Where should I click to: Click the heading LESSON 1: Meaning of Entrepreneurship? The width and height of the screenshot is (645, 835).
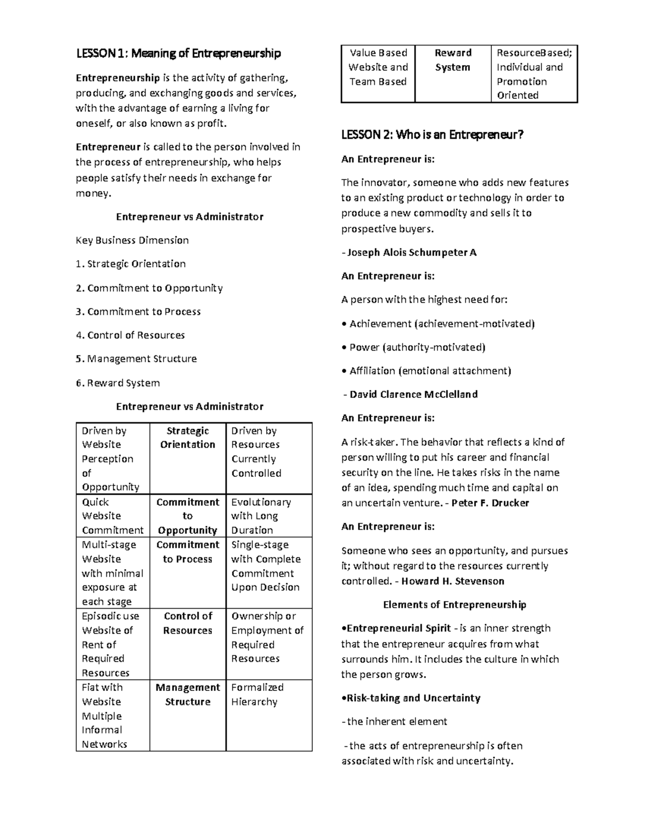point(178,53)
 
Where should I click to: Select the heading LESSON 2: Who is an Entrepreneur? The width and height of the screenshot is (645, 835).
point(432,135)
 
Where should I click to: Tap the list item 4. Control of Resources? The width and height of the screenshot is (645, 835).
point(130,335)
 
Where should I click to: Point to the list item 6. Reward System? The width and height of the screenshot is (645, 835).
point(118,383)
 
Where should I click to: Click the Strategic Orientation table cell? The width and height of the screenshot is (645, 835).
point(188,438)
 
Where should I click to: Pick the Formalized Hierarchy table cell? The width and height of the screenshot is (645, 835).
point(254,695)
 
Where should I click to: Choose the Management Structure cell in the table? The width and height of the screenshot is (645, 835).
point(188,695)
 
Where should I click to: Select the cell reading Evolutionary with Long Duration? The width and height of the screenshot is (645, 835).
point(261,516)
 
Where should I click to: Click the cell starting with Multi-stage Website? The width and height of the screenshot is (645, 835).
point(112,573)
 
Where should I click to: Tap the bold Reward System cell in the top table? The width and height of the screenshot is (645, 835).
point(453,60)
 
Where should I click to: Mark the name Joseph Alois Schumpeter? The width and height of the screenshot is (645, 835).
point(412,252)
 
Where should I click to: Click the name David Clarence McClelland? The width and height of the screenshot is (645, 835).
point(413,394)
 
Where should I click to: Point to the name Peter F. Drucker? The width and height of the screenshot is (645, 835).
point(490,503)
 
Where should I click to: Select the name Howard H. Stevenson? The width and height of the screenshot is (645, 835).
point(453,581)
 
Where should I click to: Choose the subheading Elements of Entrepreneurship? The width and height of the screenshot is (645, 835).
point(454,604)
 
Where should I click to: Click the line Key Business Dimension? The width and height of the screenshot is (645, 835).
point(132,240)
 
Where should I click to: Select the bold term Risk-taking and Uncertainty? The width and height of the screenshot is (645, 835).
point(413,698)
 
